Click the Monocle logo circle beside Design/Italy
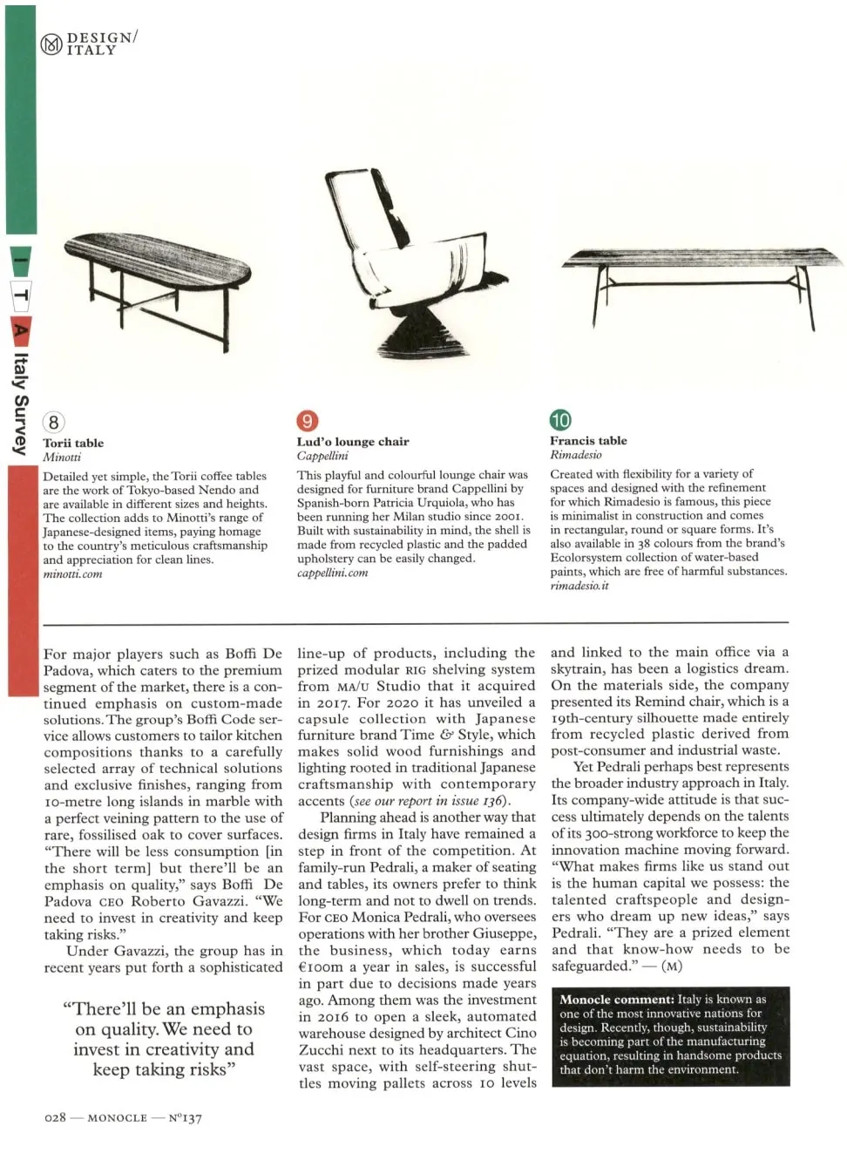52,44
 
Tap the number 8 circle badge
54,423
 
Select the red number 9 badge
308,422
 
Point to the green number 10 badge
560,420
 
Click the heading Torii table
73,443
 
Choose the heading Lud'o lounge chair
353,442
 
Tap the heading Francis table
588,441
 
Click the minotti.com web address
72,574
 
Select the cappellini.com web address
332,573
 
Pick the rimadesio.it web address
579,586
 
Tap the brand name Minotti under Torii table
62,457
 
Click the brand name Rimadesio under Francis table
575,455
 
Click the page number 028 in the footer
55,1117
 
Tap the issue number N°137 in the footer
185,1117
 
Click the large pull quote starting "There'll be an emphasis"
164,1039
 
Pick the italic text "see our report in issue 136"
428,801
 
